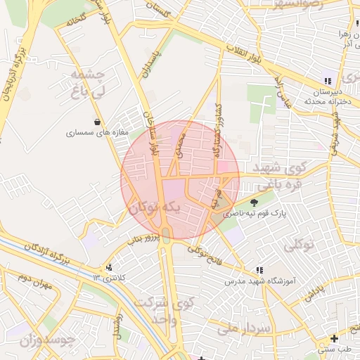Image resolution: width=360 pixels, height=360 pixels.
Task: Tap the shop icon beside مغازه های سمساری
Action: (x=106, y=121)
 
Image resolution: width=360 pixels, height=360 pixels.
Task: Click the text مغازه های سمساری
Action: (x=96, y=132)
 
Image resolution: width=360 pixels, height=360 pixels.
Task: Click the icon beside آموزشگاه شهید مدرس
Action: (x=259, y=269)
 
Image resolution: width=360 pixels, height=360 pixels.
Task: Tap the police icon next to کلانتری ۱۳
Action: (x=108, y=268)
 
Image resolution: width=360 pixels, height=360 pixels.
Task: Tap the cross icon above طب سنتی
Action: (x=335, y=338)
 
